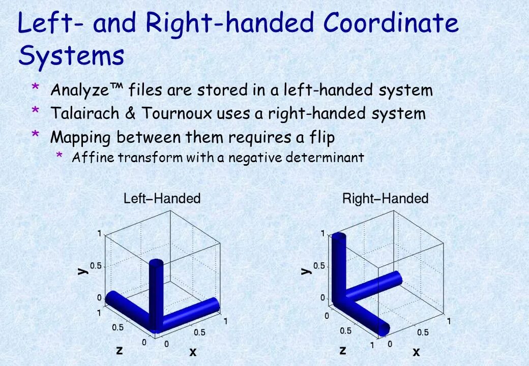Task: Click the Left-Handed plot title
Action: (162, 198)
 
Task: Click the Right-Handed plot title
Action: (385, 198)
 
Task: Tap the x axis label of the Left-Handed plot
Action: (193, 351)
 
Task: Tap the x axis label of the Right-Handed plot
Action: (416, 351)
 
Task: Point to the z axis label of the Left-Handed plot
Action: (119, 350)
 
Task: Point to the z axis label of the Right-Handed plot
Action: (342, 350)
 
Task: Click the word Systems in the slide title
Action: (71, 56)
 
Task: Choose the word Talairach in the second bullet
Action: (84, 113)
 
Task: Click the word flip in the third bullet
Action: (322, 137)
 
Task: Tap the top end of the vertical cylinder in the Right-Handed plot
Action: (338, 236)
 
